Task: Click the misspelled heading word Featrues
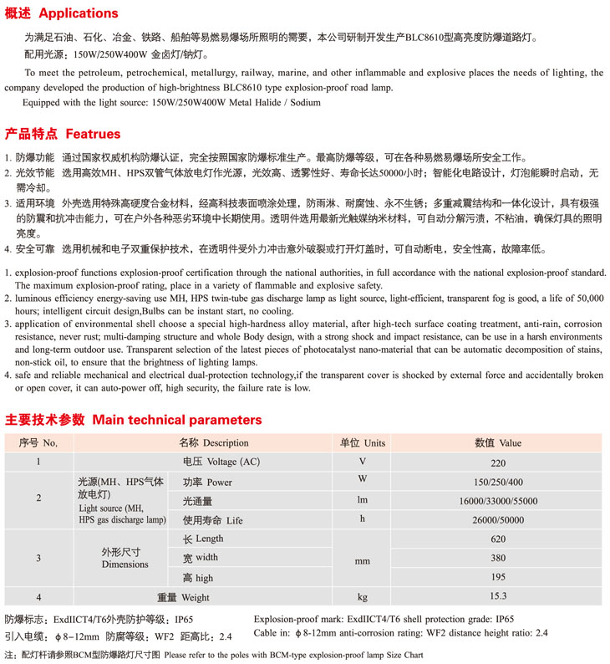coord(93,134)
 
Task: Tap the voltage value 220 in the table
coord(498,461)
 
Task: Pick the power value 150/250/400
coord(498,482)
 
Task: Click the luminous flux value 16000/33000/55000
coord(498,501)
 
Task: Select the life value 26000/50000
coord(498,520)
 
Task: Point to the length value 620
coord(498,539)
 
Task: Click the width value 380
coord(498,559)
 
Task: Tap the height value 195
coord(498,578)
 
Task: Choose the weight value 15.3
coord(498,596)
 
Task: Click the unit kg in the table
coord(362,597)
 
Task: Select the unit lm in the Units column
coord(362,501)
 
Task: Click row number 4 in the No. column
coord(38,597)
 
